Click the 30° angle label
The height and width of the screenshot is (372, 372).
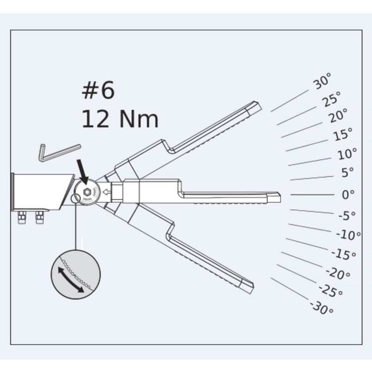click(x=322, y=81)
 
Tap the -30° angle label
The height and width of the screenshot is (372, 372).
click(x=322, y=308)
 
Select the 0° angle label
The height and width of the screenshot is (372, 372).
click(x=348, y=194)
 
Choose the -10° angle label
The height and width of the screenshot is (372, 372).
click(x=348, y=235)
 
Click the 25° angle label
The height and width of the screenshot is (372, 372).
click(x=332, y=99)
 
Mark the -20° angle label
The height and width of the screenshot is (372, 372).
click(x=338, y=273)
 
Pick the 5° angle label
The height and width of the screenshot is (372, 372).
click(x=347, y=173)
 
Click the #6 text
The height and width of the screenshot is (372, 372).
click(x=98, y=90)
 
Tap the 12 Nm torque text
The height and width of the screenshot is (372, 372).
click(x=120, y=119)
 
